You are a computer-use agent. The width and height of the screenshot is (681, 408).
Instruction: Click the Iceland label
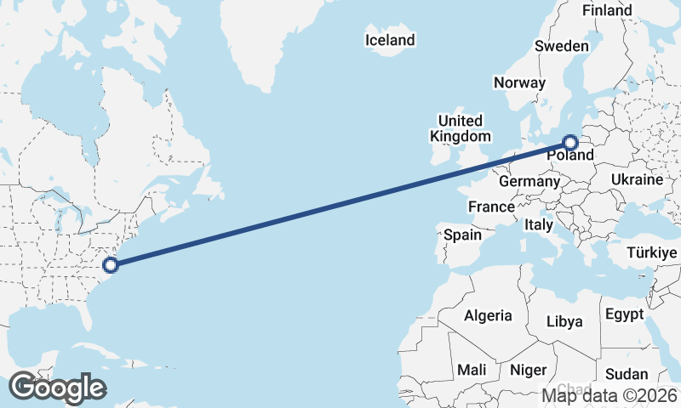[x=390, y=40]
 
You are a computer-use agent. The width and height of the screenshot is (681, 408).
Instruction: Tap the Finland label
[x=607, y=10]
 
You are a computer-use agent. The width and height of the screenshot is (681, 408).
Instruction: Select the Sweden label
[x=562, y=46]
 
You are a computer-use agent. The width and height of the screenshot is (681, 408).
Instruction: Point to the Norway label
[x=519, y=82]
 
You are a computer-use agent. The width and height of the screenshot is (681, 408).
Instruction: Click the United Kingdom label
[x=460, y=128]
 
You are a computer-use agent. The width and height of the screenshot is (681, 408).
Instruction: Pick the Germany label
[x=529, y=181]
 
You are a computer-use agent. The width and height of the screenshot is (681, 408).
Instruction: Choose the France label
[x=491, y=207]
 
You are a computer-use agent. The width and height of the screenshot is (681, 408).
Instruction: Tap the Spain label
[x=462, y=235]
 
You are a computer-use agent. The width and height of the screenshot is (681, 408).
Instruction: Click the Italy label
[x=538, y=225]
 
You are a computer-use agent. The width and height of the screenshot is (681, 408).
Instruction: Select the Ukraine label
[x=637, y=180]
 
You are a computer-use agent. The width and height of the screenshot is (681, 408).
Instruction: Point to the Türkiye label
[x=650, y=252]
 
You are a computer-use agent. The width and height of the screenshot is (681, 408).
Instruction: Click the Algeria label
[x=489, y=315]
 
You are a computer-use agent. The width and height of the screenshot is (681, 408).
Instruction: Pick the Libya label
[x=564, y=321]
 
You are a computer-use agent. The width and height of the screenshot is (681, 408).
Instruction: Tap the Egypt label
[x=625, y=314]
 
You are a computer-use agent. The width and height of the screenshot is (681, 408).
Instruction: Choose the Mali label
[x=472, y=370]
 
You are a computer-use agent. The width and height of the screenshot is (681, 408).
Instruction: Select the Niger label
[x=528, y=370]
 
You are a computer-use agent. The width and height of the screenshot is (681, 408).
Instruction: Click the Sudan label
[x=627, y=374]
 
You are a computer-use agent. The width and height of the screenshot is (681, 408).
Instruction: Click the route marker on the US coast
[x=110, y=264]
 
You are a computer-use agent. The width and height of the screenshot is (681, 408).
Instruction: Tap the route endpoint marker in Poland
[x=569, y=143]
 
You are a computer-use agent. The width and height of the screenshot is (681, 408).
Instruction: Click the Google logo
[x=57, y=388]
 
